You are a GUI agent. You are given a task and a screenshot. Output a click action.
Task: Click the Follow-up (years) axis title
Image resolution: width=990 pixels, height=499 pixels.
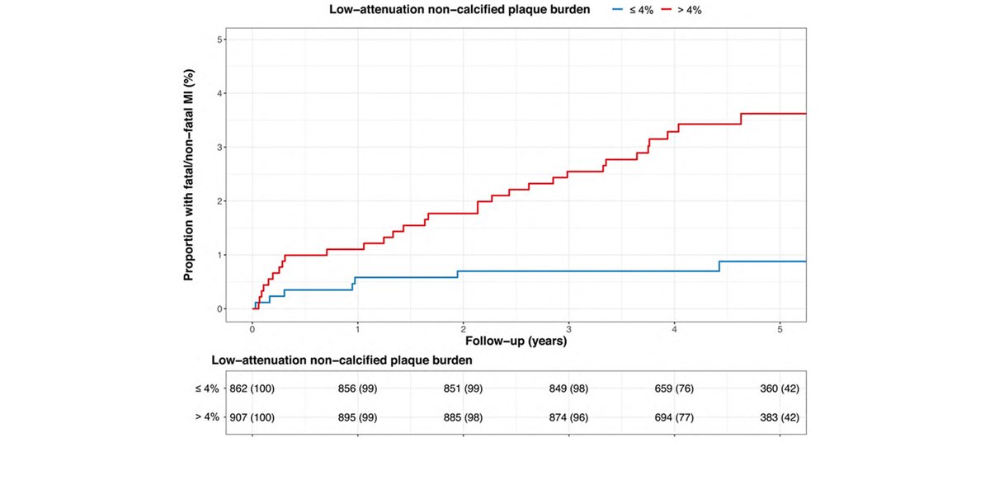pos(516,340)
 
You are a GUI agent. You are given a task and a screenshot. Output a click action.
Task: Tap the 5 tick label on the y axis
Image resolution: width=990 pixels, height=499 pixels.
pos(219,40)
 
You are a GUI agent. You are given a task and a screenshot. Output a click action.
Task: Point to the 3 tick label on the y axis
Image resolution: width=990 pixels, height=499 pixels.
pos(219,148)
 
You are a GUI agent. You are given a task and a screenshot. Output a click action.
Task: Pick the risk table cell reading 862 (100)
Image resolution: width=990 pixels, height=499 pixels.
pos(252,388)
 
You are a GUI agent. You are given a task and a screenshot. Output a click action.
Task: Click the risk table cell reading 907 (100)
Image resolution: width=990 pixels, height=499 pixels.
pos(252,417)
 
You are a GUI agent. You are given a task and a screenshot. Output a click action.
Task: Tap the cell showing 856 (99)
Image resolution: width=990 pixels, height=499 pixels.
pos(357,388)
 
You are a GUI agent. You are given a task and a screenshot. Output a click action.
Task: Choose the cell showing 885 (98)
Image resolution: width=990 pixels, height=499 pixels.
pos(463,417)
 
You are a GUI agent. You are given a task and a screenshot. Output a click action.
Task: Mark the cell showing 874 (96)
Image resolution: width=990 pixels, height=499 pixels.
pos(568,417)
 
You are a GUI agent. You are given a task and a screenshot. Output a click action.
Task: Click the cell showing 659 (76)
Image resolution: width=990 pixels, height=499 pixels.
pos(674,388)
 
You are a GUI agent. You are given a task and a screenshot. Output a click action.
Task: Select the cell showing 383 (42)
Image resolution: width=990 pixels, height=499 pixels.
pos(780,417)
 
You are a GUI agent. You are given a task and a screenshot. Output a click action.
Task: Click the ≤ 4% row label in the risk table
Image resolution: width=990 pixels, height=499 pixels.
pos(206,388)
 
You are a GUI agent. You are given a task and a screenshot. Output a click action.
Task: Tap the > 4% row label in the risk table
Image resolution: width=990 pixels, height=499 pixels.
pos(206,417)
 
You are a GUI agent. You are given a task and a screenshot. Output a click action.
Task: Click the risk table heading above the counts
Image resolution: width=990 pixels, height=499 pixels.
pos(342,360)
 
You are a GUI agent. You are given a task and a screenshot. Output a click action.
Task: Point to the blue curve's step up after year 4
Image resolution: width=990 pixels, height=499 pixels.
pos(719,266)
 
